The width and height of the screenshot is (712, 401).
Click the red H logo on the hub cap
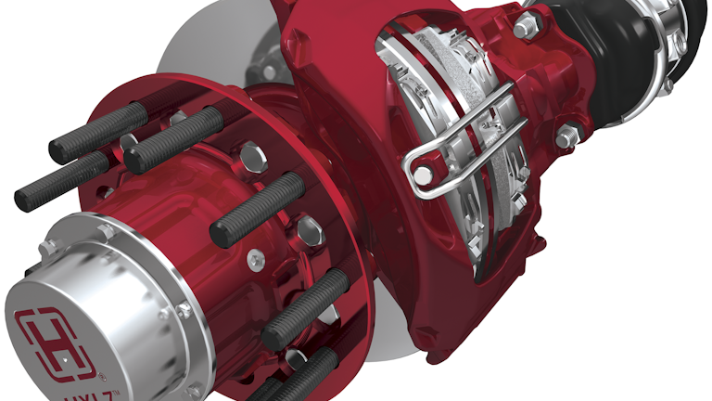pyautogui.click(x=58, y=340)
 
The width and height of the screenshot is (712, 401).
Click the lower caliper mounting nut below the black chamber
pyautogui.click(x=566, y=139)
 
